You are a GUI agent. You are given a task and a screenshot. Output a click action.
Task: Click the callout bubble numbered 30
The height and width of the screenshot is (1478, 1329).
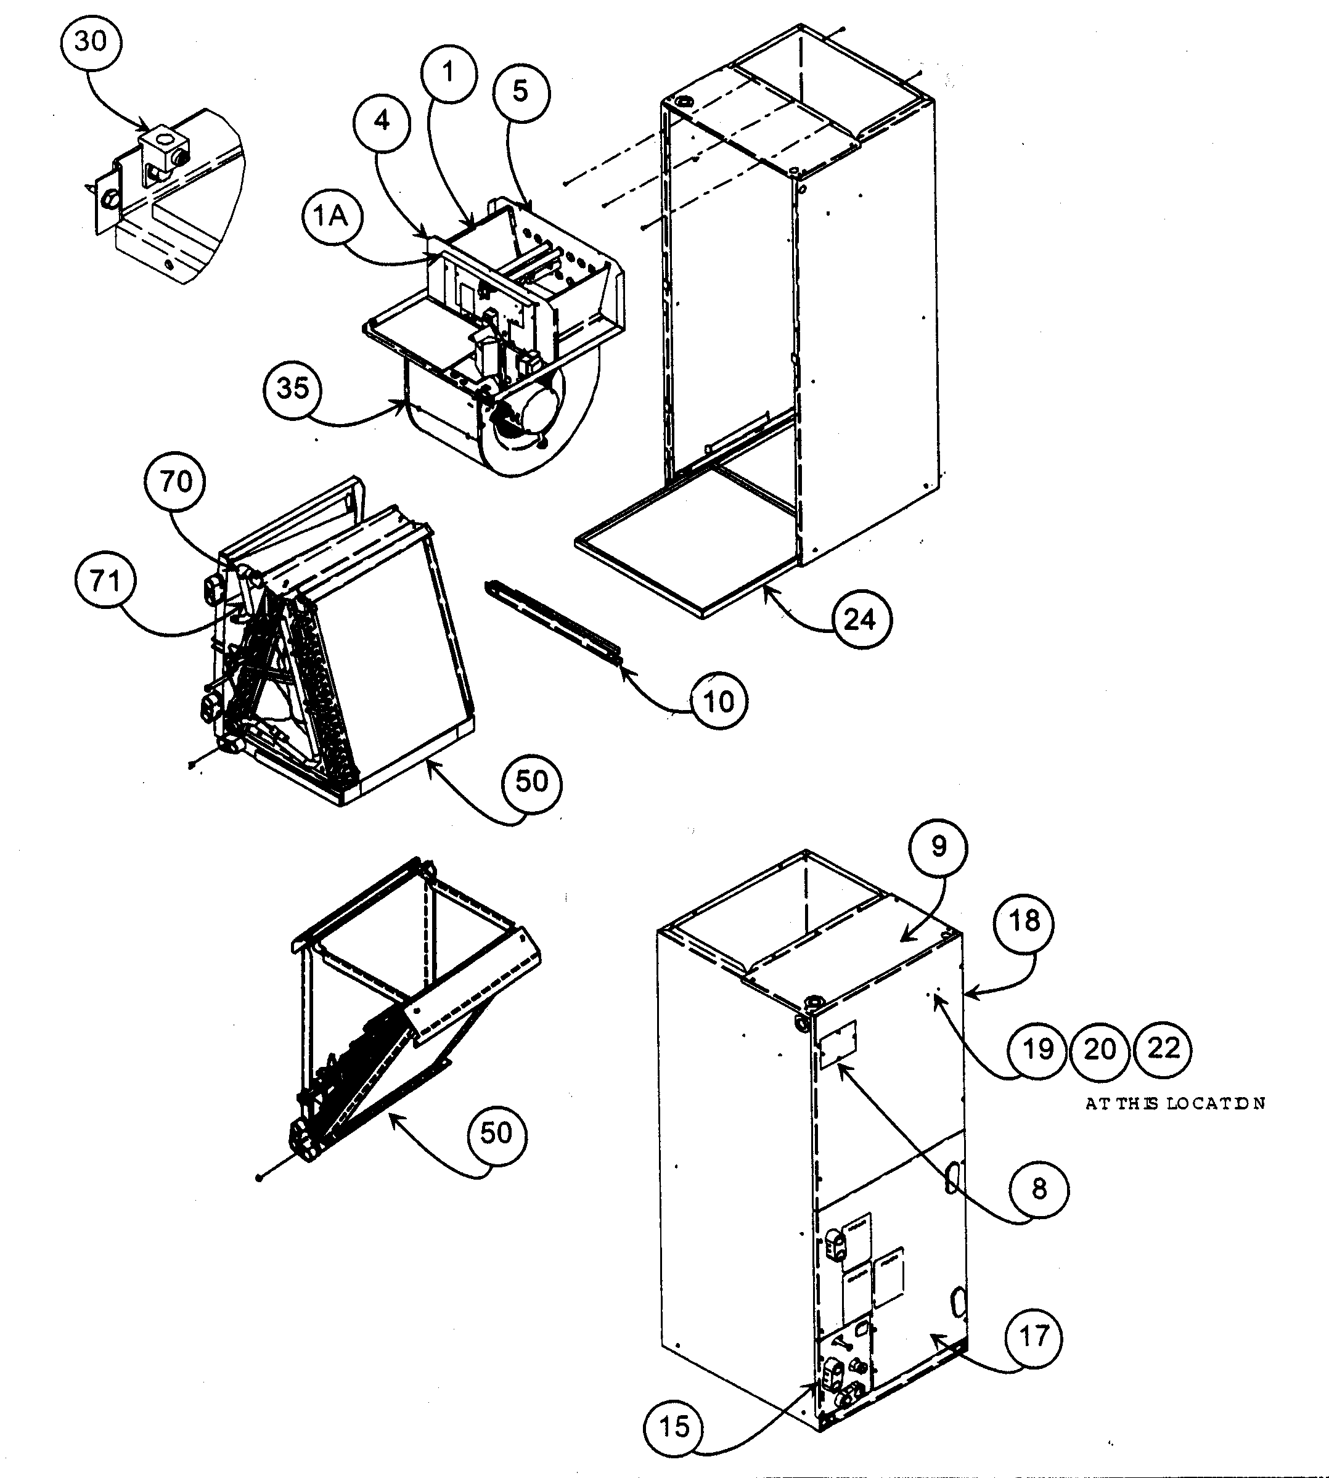pos(91,43)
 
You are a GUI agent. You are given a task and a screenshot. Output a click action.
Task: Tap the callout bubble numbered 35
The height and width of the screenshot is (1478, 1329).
pos(293,388)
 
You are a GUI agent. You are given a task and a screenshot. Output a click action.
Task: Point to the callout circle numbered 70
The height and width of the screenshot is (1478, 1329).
pos(176,482)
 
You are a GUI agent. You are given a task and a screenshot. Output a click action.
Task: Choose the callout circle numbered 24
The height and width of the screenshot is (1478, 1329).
pos(861,621)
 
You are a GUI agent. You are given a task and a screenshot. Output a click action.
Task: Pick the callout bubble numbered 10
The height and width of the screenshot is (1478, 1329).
pos(719,702)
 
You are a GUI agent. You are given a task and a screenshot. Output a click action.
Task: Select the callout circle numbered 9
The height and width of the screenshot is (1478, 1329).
pos(939,847)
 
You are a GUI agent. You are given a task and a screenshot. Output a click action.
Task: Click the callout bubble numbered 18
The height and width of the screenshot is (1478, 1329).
pos(1024,921)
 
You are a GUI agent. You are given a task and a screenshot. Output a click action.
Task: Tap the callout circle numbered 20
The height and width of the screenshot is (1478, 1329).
pos(1100,1050)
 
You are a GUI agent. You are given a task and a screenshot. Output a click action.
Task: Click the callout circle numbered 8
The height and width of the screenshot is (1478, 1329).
pos(1039,1189)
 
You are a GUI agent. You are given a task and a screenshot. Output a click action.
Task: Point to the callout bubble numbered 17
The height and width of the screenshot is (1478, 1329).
pos(1034,1337)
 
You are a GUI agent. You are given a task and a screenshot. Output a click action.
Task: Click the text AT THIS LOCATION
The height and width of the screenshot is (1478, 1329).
pos(1174,1103)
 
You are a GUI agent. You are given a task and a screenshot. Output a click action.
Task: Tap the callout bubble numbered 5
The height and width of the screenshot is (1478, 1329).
pos(521,92)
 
